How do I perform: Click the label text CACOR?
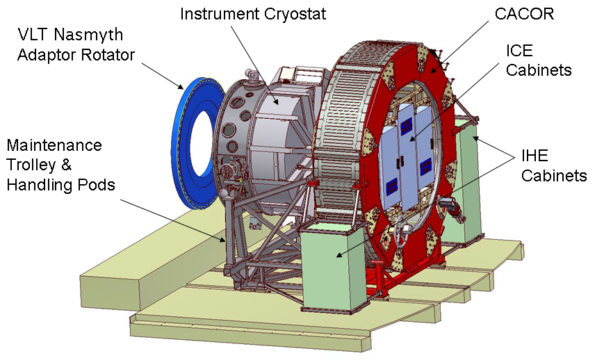pos(524,14)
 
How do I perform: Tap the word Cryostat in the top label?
pos(295,14)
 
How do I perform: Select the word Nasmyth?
pos(88,35)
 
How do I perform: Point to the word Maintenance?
pos(54,145)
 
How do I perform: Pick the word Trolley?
pos(31,165)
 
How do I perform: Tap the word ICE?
pos(519,51)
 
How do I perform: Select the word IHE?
pos(534,156)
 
